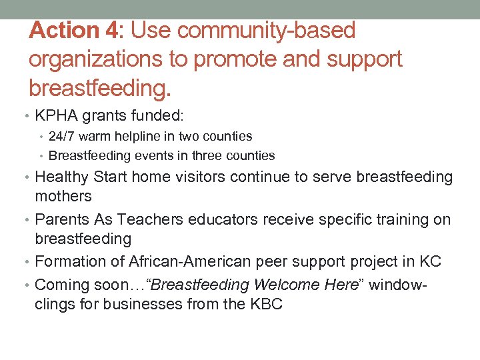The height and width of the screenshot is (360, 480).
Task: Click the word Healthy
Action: [62, 177]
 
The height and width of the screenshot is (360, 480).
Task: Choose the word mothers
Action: [63, 196]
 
